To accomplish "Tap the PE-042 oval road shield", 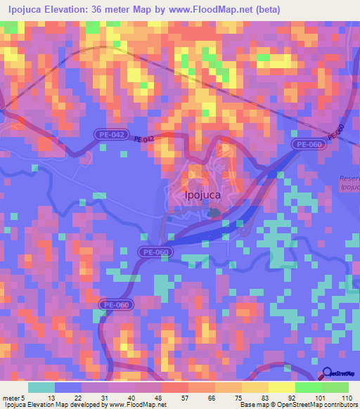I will point(110,133).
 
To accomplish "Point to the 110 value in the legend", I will point(345,397).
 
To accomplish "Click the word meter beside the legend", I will point(11,397).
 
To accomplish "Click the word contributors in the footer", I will point(337,405).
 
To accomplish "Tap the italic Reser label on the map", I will point(349,178).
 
